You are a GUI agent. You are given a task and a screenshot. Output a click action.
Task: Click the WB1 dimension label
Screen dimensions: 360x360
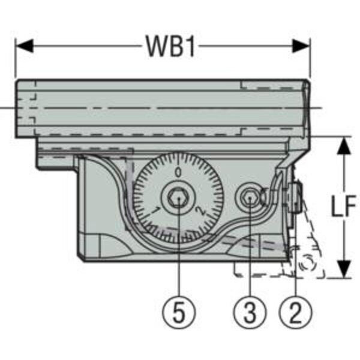tap(171, 46)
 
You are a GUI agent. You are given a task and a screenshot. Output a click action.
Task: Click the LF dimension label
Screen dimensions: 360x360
tap(343, 206)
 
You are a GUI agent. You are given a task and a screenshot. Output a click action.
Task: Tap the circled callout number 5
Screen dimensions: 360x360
tap(179, 312)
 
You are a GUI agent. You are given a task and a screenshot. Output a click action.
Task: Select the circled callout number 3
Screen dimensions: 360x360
tap(250, 312)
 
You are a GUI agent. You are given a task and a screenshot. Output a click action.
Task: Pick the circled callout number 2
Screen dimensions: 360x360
tap(295, 312)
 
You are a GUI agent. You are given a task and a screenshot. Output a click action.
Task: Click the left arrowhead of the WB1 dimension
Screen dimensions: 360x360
tap(25, 46)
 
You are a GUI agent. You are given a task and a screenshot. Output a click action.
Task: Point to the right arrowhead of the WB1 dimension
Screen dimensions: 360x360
tap(301, 46)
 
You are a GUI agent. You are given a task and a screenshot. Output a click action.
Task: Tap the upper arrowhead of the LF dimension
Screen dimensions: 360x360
tap(344, 146)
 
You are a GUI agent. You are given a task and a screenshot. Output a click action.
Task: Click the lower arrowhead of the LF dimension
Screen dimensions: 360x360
tap(344, 269)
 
